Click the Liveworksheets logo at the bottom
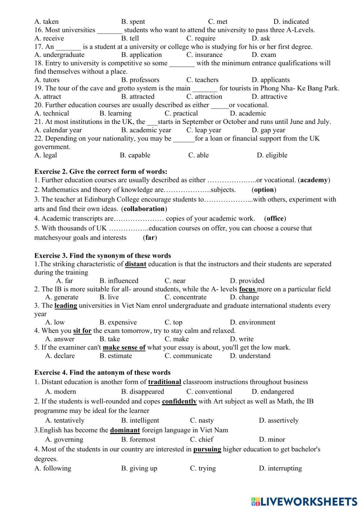pyautogui.click(x=304, y=501)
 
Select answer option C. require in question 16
pyautogui.click(x=201, y=38)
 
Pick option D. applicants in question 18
pyautogui.click(x=270, y=80)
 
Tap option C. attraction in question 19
pyautogui.click(x=204, y=97)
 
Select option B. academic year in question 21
pyautogui.click(x=146, y=130)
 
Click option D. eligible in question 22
pyautogui.click(x=272, y=155)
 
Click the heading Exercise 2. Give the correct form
pyautogui.click(x=101, y=171)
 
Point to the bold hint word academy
pyautogui.click(x=314, y=180)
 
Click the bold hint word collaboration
pyautogui.click(x=144, y=209)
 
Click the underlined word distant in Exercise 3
pyautogui.click(x=135, y=264)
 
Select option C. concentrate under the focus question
pyautogui.click(x=185, y=297)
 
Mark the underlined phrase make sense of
pyautogui.click(x=124, y=348)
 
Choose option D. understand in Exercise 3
pyautogui.click(x=250, y=356)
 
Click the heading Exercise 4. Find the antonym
pyautogui.click(x=102, y=372)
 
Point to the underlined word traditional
pyautogui.click(x=165, y=382)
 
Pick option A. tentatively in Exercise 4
pyautogui.click(x=65, y=420)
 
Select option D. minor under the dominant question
pyautogui.click(x=272, y=439)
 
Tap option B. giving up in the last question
pyautogui.click(x=139, y=468)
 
